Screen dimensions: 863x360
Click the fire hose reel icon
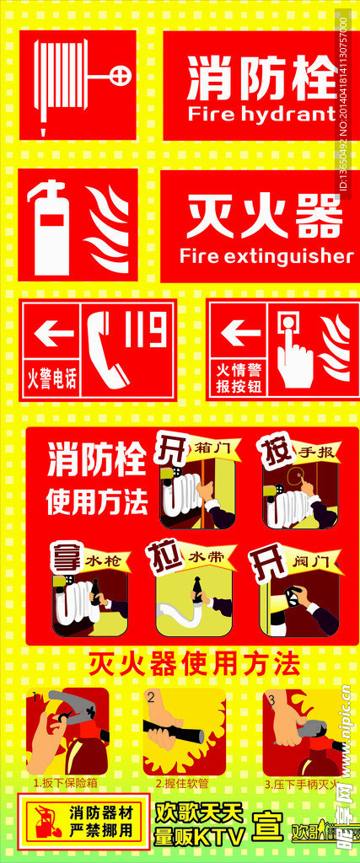pyautogui.click(x=78, y=84)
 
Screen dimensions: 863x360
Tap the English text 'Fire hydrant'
pyautogui.click(x=261, y=115)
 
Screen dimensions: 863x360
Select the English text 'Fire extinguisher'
pyautogui.click(x=266, y=255)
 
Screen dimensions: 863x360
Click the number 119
pyautogui.click(x=146, y=330)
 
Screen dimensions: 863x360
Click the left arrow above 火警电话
pyautogui.click(x=52, y=335)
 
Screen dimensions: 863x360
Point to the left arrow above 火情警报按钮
pyautogui.click(x=239, y=332)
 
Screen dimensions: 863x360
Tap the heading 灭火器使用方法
pyautogui.click(x=194, y=665)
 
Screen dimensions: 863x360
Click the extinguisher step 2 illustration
pyautogui.click(x=184, y=730)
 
